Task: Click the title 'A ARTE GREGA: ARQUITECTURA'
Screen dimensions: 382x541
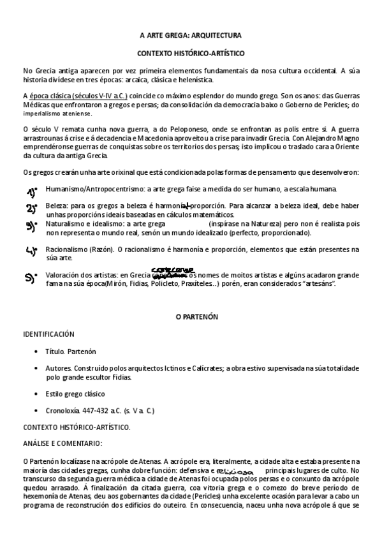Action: click(191, 36)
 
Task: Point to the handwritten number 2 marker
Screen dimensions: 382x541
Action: click(31, 209)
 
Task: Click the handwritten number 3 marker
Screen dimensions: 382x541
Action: click(31, 226)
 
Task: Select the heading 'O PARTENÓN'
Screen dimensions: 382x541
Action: click(191, 316)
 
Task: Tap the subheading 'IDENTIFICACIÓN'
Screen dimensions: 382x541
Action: click(48, 334)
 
